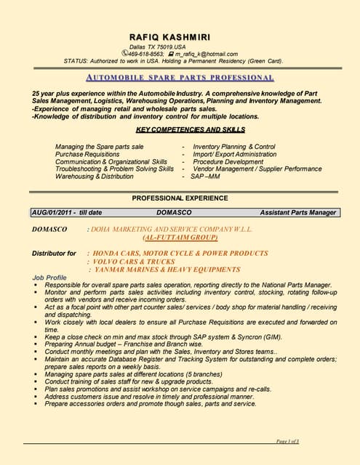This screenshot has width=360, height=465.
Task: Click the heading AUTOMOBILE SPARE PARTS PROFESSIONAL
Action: point(180,77)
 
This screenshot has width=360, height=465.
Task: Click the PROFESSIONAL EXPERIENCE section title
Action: point(180,198)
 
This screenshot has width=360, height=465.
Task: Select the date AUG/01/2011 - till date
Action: point(66,213)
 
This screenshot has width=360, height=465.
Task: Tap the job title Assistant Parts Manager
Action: point(298,213)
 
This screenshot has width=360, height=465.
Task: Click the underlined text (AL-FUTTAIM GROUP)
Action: point(180,238)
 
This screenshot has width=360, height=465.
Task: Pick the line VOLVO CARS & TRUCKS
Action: point(131,262)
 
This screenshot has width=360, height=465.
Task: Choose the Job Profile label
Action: point(49,278)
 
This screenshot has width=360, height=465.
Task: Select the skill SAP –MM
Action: point(205,176)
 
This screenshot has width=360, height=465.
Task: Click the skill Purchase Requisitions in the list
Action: point(87,154)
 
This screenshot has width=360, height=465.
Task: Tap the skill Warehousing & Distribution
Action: point(95,176)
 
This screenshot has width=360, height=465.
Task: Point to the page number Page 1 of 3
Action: point(288,442)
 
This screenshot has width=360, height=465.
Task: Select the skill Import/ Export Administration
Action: point(234,154)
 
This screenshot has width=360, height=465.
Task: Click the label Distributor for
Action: point(54,254)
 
